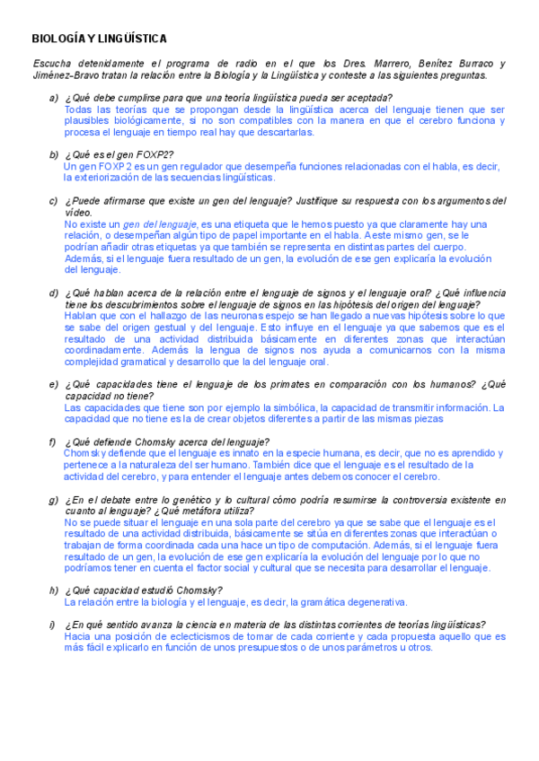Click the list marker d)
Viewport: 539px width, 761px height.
point(54,293)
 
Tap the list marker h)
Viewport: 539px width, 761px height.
point(54,590)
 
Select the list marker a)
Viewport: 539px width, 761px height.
point(54,98)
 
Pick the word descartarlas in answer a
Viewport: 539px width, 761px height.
point(285,132)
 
